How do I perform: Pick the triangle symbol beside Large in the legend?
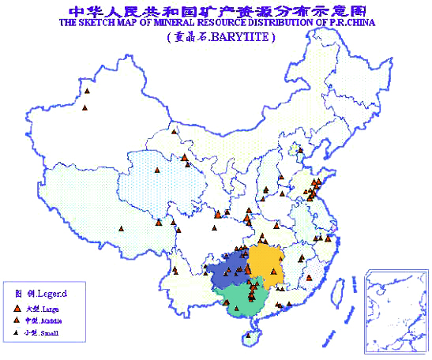17,308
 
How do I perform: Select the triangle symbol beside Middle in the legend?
17,322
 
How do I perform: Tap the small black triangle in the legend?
17,336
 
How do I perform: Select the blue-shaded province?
229,268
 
